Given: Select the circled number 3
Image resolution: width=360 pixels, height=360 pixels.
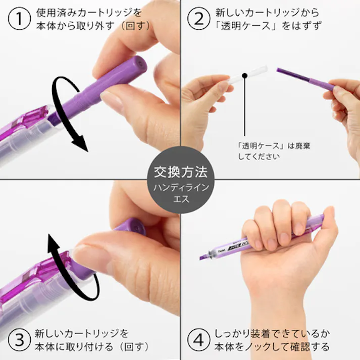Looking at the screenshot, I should pos(18,340).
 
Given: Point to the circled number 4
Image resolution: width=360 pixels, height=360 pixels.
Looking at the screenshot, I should pos(198,340).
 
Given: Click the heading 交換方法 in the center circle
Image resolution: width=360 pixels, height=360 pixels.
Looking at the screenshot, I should pos(180,172).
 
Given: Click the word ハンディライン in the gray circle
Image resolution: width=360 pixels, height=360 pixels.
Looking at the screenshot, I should pos(180,188).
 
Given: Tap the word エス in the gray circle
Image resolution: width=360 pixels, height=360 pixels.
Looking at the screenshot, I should pos(180,199).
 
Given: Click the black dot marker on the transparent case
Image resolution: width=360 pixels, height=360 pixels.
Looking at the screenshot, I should pos(244,76).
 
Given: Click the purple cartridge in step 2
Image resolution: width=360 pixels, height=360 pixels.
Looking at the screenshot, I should pos(303,78).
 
